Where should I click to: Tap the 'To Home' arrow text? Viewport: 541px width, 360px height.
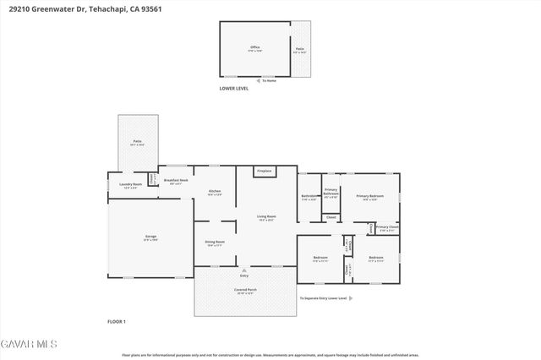[x=269, y=80]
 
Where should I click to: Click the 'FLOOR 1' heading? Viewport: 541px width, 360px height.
[x=116, y=322]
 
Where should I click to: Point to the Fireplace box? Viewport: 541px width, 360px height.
[x=265, y=172]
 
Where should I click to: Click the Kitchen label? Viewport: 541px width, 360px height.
[x=215, y=193]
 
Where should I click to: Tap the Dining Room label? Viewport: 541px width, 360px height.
[x=215, y=243]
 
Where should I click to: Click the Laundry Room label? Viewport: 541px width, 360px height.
[x=130, y=185]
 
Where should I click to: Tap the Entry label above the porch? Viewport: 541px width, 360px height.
[x=244, y=275]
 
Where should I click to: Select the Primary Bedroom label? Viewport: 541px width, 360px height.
[x=369, y=197]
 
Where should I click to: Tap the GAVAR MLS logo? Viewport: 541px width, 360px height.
[x=29, y=344]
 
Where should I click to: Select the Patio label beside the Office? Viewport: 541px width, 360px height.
[x=301, y=49]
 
